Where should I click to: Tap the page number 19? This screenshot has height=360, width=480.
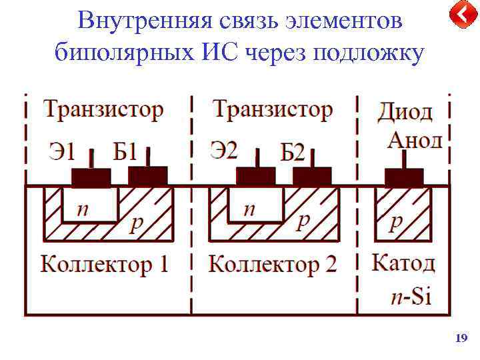[460, 339]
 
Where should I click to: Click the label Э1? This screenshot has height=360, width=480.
[61, 153]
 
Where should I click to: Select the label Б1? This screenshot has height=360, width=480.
[125, 153]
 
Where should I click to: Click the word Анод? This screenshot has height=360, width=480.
[415, 140]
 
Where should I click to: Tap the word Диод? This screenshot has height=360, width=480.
[405, 112]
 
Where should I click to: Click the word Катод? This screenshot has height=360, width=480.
[403, 263]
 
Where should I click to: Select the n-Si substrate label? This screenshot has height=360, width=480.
[409, 296]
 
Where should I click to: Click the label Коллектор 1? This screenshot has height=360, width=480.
[104, 265]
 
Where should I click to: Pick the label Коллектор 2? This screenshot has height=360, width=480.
[273, 265]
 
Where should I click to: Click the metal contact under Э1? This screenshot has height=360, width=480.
[91, 177]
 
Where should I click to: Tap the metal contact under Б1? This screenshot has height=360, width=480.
[148, 177]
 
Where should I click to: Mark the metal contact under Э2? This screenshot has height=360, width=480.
[255, 177]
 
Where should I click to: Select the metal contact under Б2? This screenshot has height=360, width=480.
[312, 177]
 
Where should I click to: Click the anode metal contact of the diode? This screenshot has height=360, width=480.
[404, 177]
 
